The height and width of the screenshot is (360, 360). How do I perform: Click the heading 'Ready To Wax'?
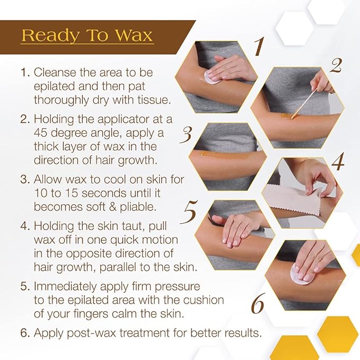(x=87, y=36)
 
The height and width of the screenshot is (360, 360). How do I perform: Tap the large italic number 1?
(x=258, y=48)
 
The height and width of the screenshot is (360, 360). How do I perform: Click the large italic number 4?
(x=337, y=162)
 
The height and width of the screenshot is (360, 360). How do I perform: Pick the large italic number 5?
(x=190, y=214)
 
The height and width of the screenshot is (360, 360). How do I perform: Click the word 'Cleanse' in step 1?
(x=53, y=72)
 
